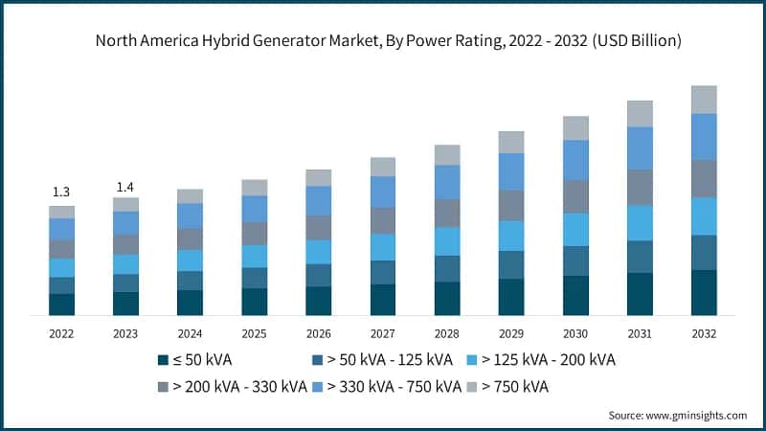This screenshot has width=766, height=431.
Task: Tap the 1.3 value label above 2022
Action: click(61, 192)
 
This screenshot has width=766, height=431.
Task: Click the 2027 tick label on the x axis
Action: click(383, 332)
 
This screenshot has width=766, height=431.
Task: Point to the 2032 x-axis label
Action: click(704, 332)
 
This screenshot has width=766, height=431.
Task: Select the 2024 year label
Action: click(190, 332)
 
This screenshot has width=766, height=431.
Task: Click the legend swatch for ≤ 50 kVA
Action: click(163, 360)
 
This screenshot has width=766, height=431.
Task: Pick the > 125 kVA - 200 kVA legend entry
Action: click(540, 360)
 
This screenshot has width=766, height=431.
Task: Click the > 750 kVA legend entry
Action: click(507, 387)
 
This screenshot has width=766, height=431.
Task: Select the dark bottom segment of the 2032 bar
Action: click(704, 293)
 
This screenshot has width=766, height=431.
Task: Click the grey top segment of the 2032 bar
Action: click(704, 100)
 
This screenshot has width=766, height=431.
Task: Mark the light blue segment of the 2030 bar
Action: click(575, 230)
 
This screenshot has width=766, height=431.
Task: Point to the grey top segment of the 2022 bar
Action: click(61, 212)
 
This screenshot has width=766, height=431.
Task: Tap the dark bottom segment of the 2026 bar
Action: click(319, 301)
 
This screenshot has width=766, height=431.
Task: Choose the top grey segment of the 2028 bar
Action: click(447, 155)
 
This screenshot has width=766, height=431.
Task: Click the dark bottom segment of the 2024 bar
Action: click(190, 303)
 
